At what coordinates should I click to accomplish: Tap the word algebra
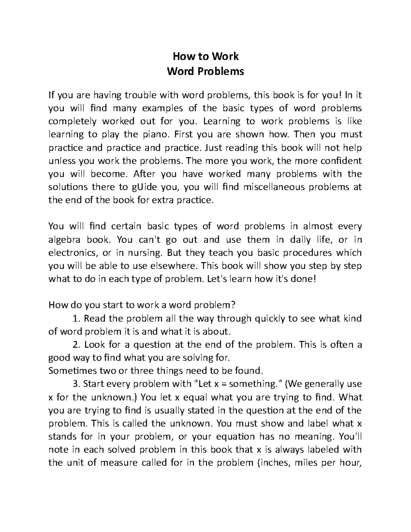tap(64, 239)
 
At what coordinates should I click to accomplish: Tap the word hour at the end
tap(352, 463)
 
